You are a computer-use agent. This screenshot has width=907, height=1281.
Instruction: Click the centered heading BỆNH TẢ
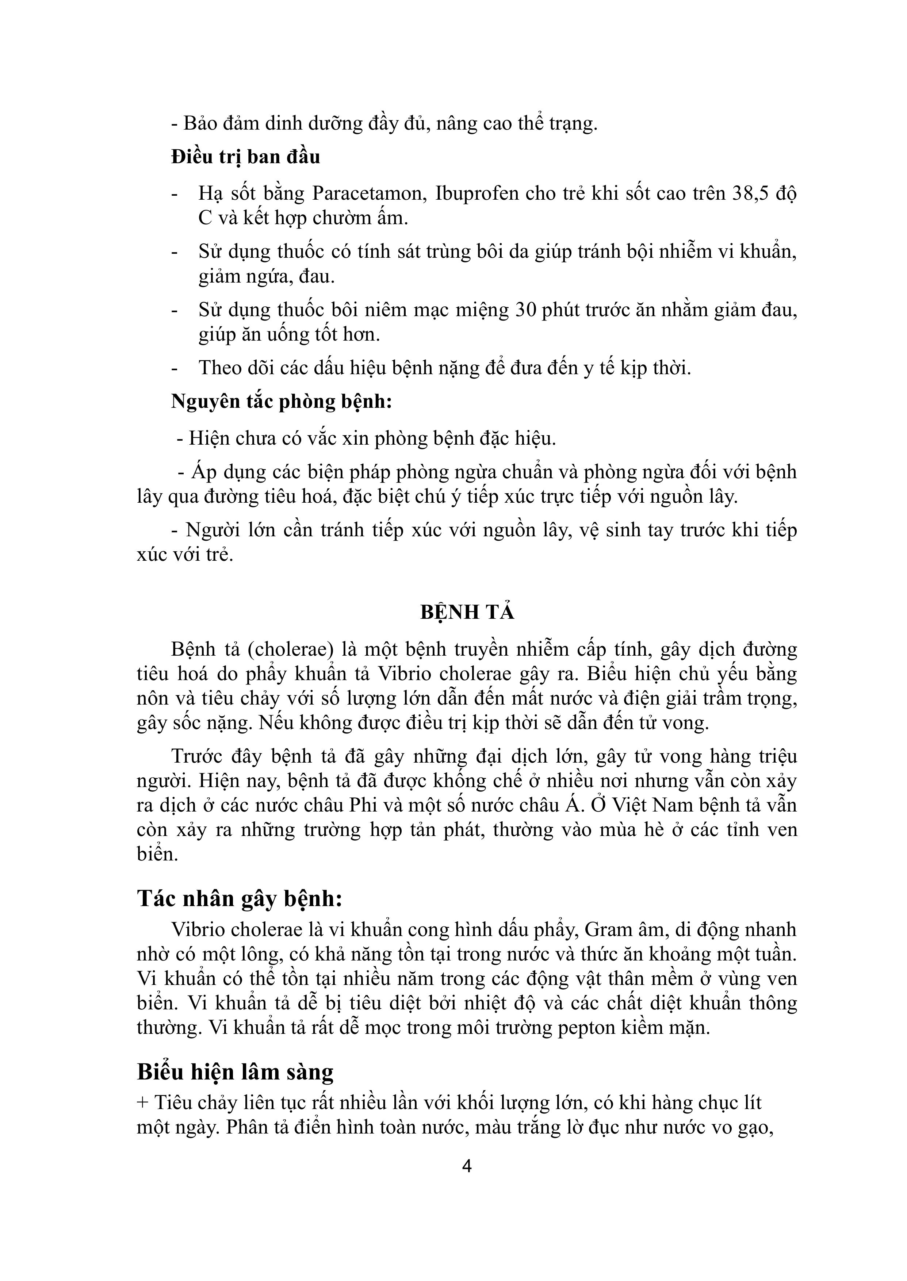467,613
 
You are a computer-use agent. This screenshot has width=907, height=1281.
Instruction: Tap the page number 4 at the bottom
467,1166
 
